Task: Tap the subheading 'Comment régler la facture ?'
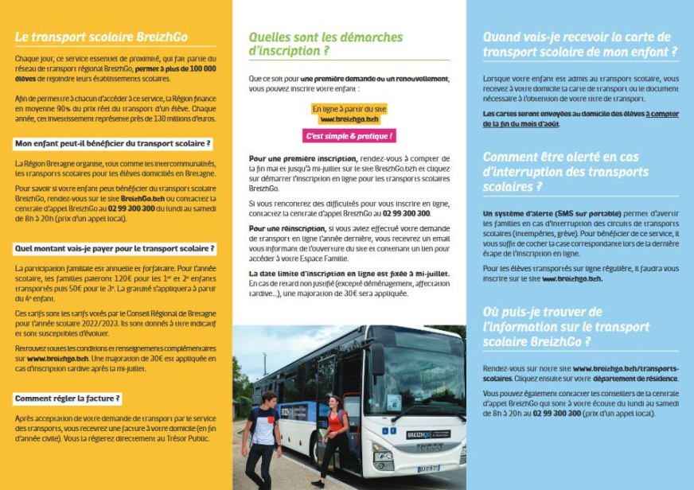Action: pyautogui.click(x=68, y=399)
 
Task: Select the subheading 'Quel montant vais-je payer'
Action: pyautogui.click(x=115, y=248)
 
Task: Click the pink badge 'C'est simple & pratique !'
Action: pyautogui.click(x=349, y=136)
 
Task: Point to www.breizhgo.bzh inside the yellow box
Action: pyautogui.click(x=349, y=119)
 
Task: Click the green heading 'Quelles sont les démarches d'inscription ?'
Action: pyautogui.click(x=326, y=44)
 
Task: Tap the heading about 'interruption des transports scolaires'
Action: pyautogui.click(x=566, y=172)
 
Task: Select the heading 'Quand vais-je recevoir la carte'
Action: pyautogui.click(x=580, y=45)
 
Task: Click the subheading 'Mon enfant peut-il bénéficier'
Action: pyautogui.click(x=113, y=144)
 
